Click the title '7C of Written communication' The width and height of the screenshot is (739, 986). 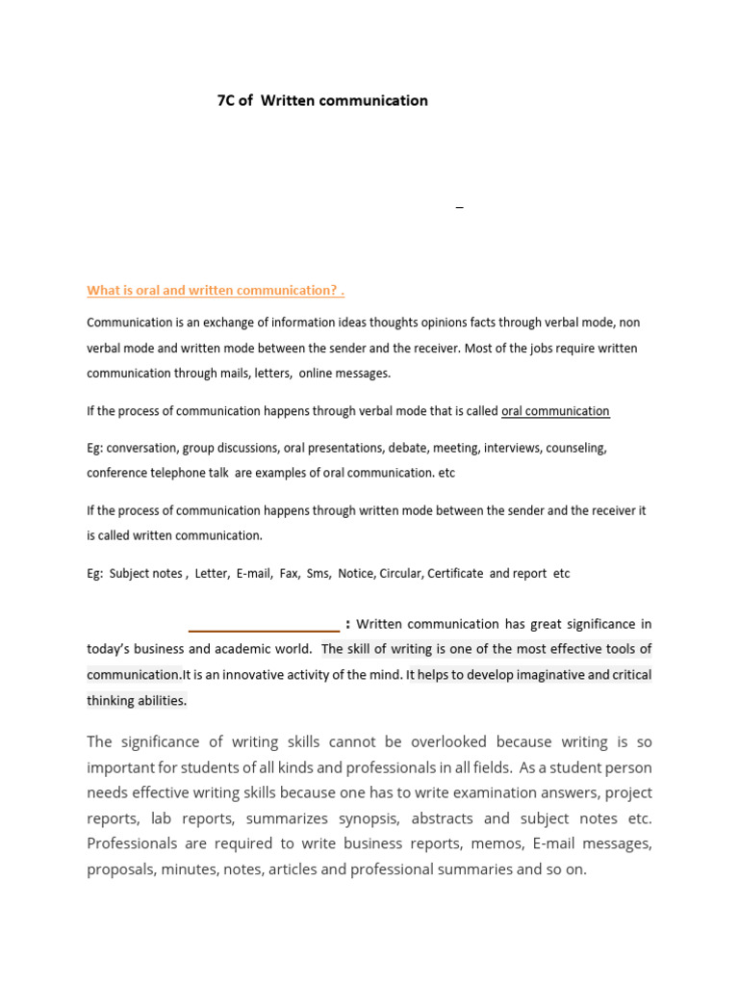(x=322, y=100)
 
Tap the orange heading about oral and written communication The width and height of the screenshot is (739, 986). (x=216, y=290)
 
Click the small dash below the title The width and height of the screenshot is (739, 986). (x=459, y=208)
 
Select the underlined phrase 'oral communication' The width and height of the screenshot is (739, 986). (x=555, y=411)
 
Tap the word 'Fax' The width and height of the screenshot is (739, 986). (x=289, y=573)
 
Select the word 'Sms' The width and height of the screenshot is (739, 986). (x=318, y=573)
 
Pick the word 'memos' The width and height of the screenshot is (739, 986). (x=488, y=843)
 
